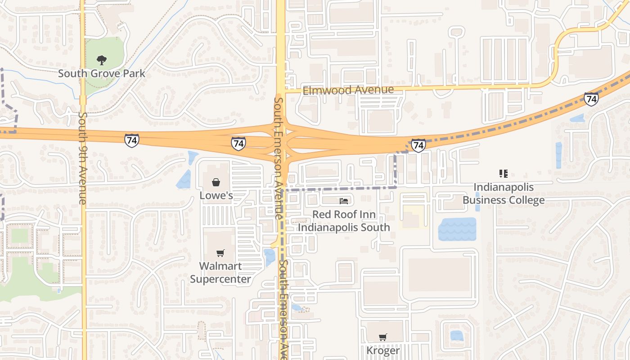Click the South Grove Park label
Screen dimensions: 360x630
coord(102,73)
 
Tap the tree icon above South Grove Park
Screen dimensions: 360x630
coord(102,60)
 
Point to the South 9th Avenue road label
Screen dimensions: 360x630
coord(83,158)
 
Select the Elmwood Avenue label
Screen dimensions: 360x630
coord(348,90)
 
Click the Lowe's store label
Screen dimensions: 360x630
coord(216,195)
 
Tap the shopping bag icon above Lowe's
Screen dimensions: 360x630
coord(216,182)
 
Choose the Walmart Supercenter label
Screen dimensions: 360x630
coord(220,272)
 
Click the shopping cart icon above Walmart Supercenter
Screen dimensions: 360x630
coord(220,253)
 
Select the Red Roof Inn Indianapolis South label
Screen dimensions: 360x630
coord(344,220)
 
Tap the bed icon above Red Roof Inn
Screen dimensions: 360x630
coord(344,201)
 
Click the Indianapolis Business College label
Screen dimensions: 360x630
coord(504,193)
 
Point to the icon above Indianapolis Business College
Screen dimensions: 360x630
coord(504,174)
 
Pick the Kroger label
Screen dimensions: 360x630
coord(383,350)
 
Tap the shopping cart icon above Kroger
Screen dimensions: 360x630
coord(383,337)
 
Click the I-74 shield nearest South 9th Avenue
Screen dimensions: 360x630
coord(132,140)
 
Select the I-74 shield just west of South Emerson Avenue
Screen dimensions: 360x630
coord(238,144)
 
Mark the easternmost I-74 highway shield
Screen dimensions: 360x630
coord(591,99)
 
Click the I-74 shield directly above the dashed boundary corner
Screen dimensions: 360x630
coord(418,145)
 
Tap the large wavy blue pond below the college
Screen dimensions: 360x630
coord(457,229)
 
